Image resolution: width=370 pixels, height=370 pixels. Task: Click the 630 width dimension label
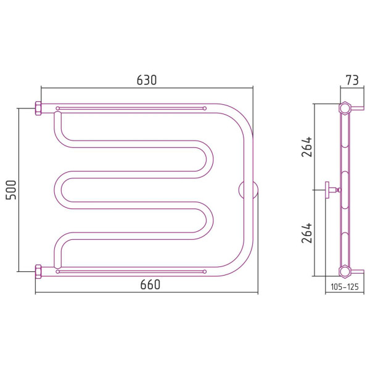click(x=147, y=80)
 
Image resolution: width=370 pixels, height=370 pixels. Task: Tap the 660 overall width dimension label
click(x=150, y=284)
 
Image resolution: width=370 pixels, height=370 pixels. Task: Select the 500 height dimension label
click(x=11, y=190)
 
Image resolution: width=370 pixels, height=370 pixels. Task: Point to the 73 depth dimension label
click(x=352, y=80)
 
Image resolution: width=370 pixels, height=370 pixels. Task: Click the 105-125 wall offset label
click(x=345, y=287)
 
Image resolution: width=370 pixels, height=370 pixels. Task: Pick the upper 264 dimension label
click(x=306, y=147)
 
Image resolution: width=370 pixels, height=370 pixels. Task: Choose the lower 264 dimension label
click(x=306, y=233)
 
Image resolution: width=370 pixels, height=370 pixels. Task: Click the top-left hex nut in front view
click(x=38, y=109)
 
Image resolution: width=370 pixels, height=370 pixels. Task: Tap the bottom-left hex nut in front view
click(x=38, y=271)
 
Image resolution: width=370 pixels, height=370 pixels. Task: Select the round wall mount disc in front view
click(x=248, y=190)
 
